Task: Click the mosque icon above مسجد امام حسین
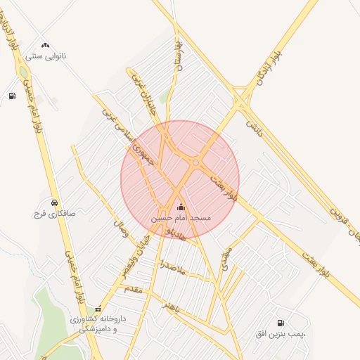[x=181, y=207]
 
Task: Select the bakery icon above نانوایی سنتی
[x=45, y=45]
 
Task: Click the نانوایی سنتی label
[x=45, y=56]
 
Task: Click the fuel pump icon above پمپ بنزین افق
[x=281, y=323]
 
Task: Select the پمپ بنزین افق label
[x=281, y=334]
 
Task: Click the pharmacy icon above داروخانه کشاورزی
[x=98, y=308]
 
